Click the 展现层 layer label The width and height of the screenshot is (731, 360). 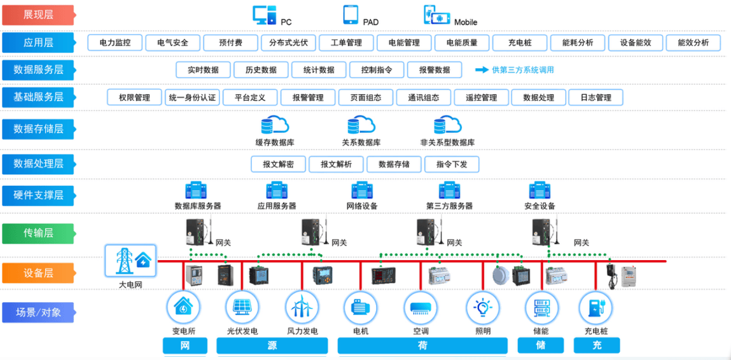[38, 15]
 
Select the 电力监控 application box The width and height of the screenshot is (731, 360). [115, 43]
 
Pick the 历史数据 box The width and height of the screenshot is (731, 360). [261, 70]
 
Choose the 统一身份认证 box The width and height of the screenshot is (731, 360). [191, 97]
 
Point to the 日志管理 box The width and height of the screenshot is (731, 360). [595, 97]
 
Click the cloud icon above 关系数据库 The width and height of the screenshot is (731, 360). [361, 125]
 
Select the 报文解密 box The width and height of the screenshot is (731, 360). [278, 164]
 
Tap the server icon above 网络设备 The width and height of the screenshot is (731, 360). [362, 190]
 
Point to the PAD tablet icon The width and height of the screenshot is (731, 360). [351, 15]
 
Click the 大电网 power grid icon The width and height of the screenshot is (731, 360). [130, 261]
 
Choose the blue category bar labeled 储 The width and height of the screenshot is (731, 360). [541, 345]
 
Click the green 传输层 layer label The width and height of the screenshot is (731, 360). [38, 233]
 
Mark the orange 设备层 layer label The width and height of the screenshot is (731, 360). [38, 273]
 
